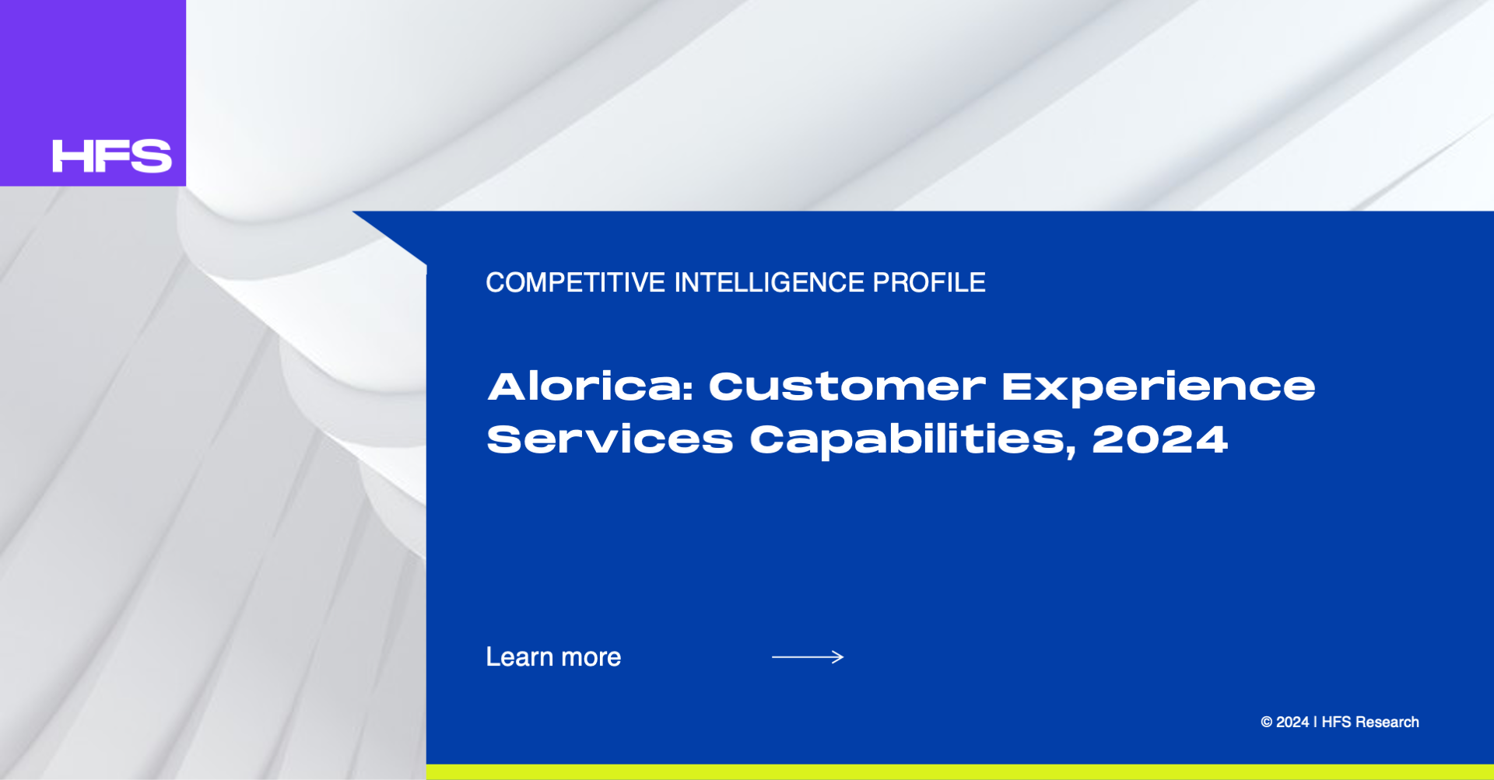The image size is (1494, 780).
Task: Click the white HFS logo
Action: click(112, 156)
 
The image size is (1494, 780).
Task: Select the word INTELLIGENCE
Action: click(769, 282)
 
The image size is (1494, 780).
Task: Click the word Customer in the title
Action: click(847, 387)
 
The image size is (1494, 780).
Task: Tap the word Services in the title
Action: click(610, 439)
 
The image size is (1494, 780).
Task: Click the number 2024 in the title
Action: click(1160, 439)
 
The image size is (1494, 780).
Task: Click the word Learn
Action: click(520, 657)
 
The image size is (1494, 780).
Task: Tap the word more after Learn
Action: click(591, 659)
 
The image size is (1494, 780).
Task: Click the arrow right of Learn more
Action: click(808, 657)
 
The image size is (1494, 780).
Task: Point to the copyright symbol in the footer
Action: click(1267, 722)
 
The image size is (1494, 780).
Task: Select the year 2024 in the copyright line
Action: click(1292, 722)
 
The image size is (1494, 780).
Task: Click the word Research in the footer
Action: click(1387, 722)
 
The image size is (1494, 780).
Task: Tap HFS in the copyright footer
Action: click(1337, 722)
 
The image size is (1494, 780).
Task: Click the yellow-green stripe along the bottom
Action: click(960, 772)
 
